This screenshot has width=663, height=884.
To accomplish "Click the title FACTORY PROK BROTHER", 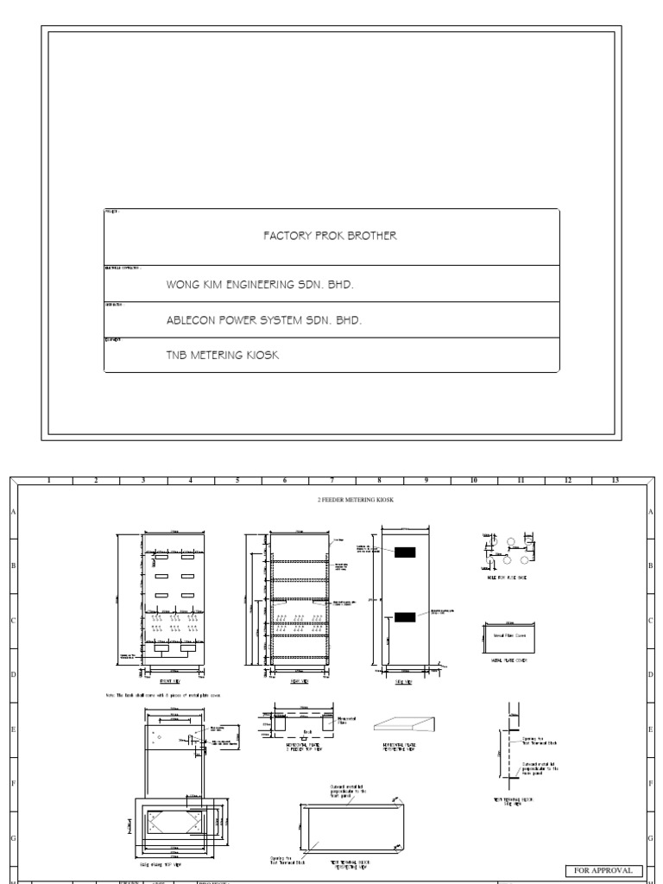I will click(331, 236).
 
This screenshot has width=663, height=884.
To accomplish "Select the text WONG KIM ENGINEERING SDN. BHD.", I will click(260, 283).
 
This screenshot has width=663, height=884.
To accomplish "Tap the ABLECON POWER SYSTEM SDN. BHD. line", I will click(263, 319).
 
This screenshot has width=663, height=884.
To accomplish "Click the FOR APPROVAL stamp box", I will click(604, 870).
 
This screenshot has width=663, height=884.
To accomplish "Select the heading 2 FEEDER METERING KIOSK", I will click(357, 500).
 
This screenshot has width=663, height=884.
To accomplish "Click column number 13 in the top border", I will click(615, 480).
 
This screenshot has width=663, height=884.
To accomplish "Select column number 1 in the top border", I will click(49, 480).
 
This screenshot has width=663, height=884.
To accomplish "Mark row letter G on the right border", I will click(649, 838).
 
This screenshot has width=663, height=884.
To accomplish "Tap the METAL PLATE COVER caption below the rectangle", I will click(502, 660).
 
